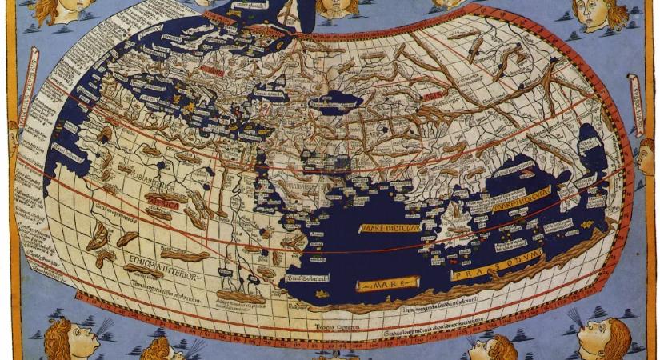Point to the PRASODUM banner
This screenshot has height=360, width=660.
(496, 265)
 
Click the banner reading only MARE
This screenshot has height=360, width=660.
(388, 283)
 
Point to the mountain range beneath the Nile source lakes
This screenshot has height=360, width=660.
(244, 296)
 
